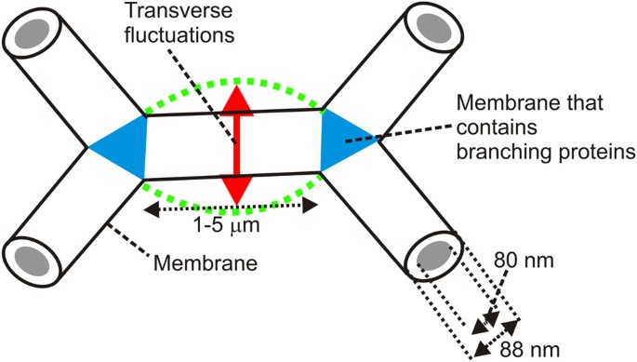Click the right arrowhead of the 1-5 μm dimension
310,207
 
